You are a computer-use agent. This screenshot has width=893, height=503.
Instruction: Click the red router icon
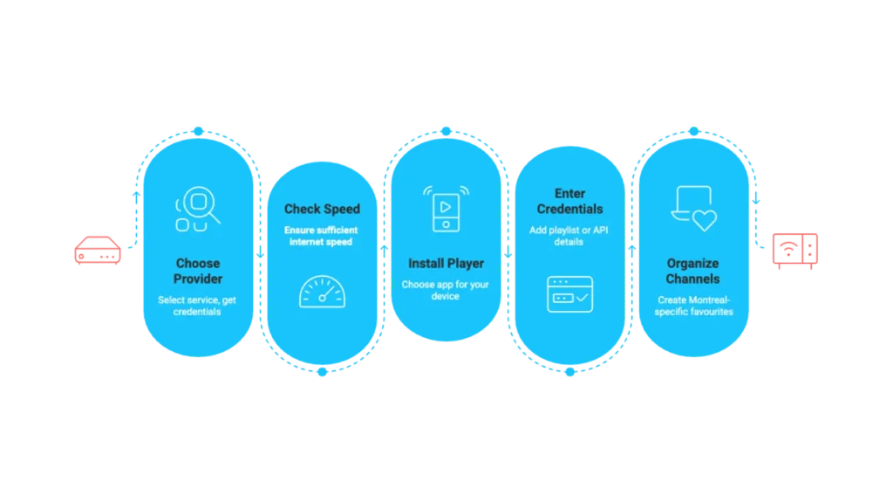coord(98,251)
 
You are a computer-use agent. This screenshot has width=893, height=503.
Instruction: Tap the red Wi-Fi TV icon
coord(795,251)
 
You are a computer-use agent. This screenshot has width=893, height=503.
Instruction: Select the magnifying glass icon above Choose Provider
coord(198,209)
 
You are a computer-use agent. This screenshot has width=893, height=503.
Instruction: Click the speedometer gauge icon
coord(322,292)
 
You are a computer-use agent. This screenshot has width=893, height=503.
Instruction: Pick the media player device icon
coord(446,209)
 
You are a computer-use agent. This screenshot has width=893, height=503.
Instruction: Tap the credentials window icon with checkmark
coord(569,294)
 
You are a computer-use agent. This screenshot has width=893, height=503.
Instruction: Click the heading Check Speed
coord(322,210)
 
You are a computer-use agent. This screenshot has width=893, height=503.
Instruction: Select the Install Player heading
coord(446,264)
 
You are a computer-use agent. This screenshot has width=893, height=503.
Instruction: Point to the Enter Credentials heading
coord(569,202)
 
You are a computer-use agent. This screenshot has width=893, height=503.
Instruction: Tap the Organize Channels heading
coord(693,271)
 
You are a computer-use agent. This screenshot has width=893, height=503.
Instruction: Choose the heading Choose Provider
coord(198,271)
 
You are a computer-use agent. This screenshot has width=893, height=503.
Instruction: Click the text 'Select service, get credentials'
coord(197,306)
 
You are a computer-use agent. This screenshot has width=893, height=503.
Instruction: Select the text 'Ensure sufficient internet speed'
coord(321,236)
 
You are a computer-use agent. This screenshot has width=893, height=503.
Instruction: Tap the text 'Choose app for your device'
coord(446,290)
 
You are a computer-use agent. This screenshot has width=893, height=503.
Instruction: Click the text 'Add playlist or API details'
coord(569,236)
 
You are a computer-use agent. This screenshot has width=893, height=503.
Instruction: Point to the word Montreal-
coord(710,300)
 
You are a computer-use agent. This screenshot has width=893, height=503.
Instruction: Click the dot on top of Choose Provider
coord(198,131)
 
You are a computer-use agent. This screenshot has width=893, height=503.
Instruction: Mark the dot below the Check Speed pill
coord(323,372)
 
